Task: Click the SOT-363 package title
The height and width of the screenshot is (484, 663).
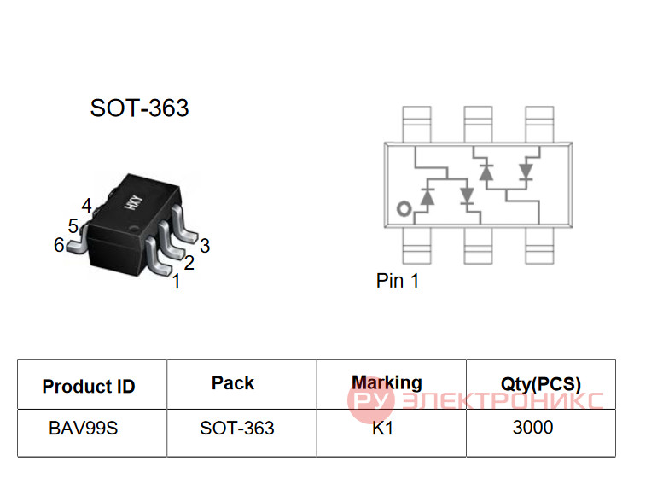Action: (x=139, y=108)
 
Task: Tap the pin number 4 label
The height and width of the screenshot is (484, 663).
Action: (x=86, y=206)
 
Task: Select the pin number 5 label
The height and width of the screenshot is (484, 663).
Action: (x=73, y=226)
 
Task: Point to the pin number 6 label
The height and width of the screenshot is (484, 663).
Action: (x=59, y=245)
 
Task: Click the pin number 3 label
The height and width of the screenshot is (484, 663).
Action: (x=205, y=246)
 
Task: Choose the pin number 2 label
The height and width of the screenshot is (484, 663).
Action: (x=189, y=263)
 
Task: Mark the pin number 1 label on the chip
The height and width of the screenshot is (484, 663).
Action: (x=177, y=281)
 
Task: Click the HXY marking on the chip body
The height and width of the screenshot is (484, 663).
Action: (x=133, y=202)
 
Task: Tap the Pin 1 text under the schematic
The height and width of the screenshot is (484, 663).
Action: (x=398, y=281)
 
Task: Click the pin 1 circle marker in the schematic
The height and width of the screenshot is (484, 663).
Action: (x=404, y=208)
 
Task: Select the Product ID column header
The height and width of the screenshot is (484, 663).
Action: (x=89, y=387)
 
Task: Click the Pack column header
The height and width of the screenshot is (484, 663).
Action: (x=233, y=383)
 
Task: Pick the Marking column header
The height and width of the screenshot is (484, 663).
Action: (x=387, y=382)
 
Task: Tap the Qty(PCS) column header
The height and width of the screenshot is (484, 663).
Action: (x=541, y=384)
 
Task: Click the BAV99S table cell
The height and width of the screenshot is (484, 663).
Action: (x=84, y=429)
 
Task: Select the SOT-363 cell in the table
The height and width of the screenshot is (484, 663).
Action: (x=237, y=429)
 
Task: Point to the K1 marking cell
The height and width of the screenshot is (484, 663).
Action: (x=382, y=429)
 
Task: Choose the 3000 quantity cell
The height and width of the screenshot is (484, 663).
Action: (x=532, y=428)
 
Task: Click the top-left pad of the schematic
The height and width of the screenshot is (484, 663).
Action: (x=417, y=125)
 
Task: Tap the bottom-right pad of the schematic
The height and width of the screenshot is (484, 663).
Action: (x=539, y=246)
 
